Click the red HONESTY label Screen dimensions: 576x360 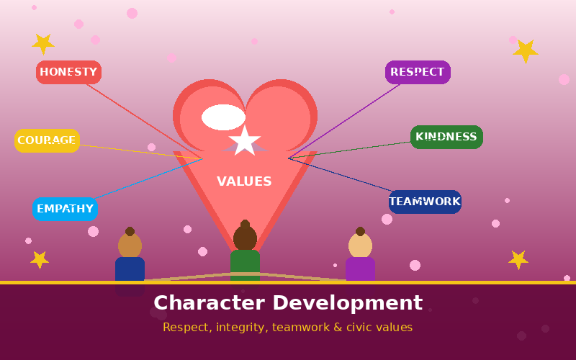point(68,72)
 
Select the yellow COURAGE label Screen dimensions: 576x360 point(47,140)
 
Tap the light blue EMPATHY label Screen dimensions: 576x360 point(65,209)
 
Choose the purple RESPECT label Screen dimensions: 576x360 point(418,72)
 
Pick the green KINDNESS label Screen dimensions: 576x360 point(446,137)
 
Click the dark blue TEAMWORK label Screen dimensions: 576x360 point(425,202)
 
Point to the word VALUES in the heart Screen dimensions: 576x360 point(244,181)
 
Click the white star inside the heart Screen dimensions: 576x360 point(245,140)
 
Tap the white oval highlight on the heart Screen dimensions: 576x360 point(223,117)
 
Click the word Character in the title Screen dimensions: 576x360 point(209,303)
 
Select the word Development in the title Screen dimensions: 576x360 point(348,304)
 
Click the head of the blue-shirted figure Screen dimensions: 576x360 point(130,246)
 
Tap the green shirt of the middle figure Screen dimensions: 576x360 point(245,265)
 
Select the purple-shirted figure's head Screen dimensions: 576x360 point(360,246)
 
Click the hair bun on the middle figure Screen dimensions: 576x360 point(245,224)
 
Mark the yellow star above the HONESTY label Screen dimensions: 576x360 point(43,44)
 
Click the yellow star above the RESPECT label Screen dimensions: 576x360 point(526,51)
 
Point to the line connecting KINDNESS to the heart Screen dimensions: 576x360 point(349,150)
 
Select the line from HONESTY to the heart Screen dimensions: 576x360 point(145,121)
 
